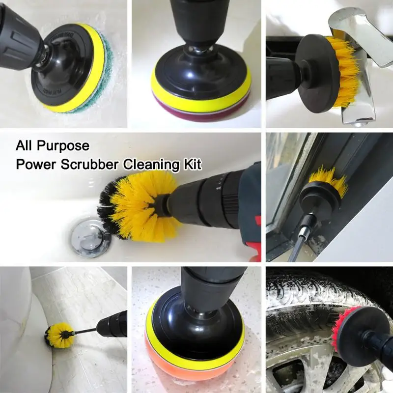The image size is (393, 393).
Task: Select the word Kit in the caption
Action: coord(192,164)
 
